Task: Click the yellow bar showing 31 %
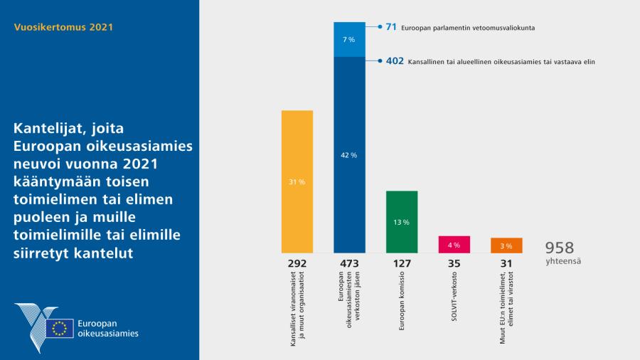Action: (x=297, y=181)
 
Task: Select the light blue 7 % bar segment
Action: (x=349, y=40)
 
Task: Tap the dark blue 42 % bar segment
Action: (x=349, y=154)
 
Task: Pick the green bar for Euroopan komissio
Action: (x=402, y=221)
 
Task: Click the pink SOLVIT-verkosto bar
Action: (x=454, y=244)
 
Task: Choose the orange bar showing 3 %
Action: (x=506, y=245)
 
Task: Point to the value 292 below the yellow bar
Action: (x=297, y=264)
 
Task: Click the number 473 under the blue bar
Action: (x=349, y=264)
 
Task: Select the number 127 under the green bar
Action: (x=402, y=264)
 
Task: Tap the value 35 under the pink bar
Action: (x=454, y=264)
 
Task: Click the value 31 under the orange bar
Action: (x=506, y=264)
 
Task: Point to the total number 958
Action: (x=560, y=248)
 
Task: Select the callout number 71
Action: (x=390, y=27)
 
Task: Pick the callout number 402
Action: (x=394, y=62)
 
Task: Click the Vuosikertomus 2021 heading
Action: (x=63, y=28)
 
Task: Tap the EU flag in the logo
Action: (x=60, y=328)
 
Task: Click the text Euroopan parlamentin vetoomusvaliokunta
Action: (x=468, y=28)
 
